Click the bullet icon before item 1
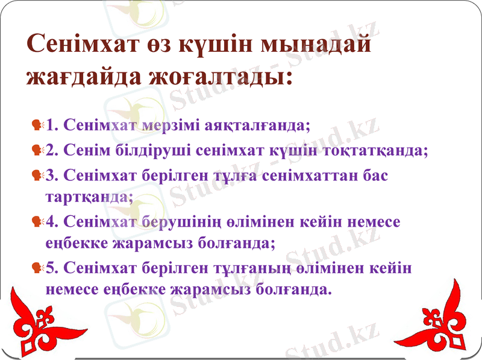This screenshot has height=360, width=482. [37, 125]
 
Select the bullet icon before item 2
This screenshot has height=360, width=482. [37, 150]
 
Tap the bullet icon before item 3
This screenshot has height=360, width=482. [37, 175]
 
